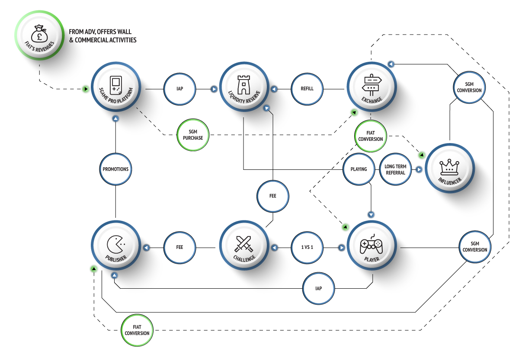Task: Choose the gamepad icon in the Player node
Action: [x=371, y=245]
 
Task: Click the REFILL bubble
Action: [x=307, y=89]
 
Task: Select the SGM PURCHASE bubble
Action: [x=193, y=135]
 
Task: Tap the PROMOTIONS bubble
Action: [x=115, y=169]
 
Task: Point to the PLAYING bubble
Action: [x=359, y=169]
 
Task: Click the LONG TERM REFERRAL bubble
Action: [x=395, y=169]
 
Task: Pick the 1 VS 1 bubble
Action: [x=307, y=248]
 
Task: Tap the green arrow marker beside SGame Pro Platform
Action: [x=86, y=89]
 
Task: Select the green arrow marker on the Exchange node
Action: [x=354, y=113]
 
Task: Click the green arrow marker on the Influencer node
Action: [x=422, y=155]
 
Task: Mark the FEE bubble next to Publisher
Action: [x=179, y=248]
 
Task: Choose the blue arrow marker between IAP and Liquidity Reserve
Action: [x=214, y=89]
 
